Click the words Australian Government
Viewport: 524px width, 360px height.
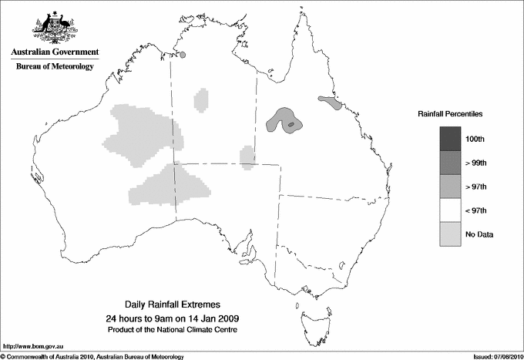[52, 52]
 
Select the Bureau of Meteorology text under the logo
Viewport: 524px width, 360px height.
[54, 67]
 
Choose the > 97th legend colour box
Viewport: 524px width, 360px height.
[451, 186]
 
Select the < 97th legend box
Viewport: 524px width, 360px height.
[451, 210]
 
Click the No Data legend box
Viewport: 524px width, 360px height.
[451, 234]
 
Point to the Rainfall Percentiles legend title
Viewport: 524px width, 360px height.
[450, 113]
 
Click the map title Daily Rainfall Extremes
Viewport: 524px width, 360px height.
[173, 305]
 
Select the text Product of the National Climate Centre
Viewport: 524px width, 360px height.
[173, 330]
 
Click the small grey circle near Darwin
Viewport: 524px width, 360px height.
[183, 54]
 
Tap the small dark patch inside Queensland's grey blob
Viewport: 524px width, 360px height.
[291, 124]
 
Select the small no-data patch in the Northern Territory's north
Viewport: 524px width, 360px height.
[202, 98]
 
